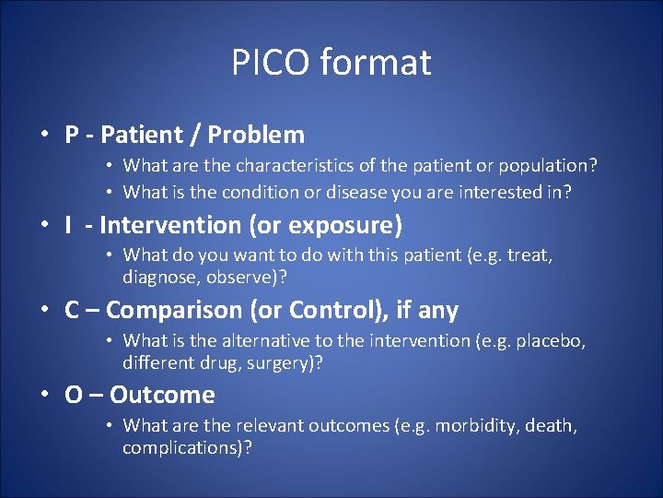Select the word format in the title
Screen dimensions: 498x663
376,63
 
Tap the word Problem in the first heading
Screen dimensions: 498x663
256,136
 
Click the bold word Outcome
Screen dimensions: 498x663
162,396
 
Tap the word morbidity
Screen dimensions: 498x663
478,426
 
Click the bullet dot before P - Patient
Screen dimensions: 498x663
44,136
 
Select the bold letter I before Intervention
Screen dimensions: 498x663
68,225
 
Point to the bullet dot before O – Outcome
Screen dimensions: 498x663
44,396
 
